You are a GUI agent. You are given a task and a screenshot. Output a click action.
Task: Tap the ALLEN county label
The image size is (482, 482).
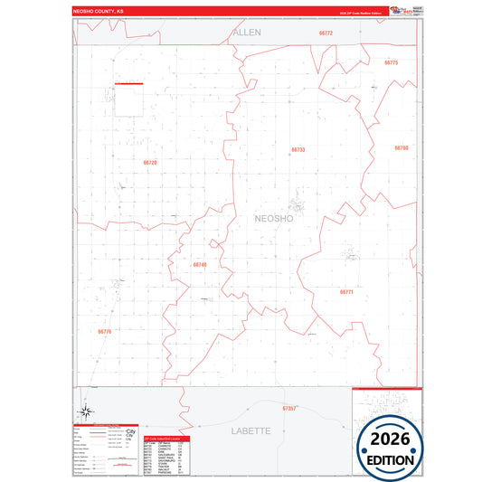(x=247, y=32)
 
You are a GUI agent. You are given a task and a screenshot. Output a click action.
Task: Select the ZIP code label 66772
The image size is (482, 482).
(x=326, y=33)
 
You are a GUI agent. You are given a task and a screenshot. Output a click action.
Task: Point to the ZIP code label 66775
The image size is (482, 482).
(x=392, y=63)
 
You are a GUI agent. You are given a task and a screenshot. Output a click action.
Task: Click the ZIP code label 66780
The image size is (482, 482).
(x=402, y=147)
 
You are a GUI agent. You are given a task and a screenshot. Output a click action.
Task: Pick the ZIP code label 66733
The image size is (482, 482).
(x=298, y=149)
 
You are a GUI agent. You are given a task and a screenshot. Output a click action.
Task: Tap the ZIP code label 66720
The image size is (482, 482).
(x=150, y=163)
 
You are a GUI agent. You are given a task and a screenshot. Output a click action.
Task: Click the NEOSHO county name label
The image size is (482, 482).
(x=274, y=219)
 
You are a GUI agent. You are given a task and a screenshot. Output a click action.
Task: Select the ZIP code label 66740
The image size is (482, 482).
(x=200, y=265)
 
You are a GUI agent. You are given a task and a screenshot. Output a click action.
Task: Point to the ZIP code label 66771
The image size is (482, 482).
(x=347, y=292)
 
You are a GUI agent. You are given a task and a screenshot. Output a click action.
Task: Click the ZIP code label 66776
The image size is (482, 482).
(x=104, y=332)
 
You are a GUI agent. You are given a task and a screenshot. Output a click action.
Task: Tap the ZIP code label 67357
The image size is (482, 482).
(x=288, y=409)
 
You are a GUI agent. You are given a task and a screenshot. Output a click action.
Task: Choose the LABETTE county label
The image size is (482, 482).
(x=250, y=430)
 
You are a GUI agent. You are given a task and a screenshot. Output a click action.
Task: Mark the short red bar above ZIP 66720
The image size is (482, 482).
(x=129, y=84)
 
